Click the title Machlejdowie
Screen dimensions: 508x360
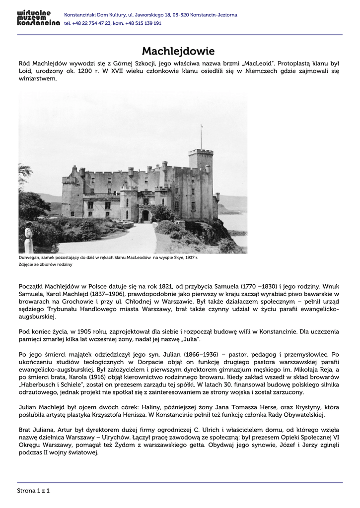(178, 51)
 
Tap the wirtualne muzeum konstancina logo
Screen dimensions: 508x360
(38, 19)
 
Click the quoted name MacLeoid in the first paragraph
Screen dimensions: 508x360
(257, 63)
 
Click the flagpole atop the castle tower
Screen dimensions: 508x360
(201, 136)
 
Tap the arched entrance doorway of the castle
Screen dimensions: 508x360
(145, 215)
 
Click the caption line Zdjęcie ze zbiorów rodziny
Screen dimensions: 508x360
(46, 264)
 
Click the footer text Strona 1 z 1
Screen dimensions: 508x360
(34, 491)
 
